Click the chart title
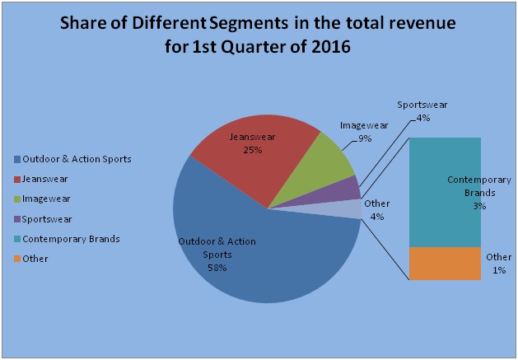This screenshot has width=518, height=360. [x=259, y=35]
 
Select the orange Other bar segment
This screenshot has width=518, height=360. [x=445, y=264]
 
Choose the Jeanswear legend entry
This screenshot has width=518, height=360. [x=44, y=179]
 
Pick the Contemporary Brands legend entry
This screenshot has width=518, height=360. [x=71, y=239]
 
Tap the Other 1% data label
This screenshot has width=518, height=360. [x=498, y=263]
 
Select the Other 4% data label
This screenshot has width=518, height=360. [x=377, y=209]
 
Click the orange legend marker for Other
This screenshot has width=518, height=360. [x=17, y=259]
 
